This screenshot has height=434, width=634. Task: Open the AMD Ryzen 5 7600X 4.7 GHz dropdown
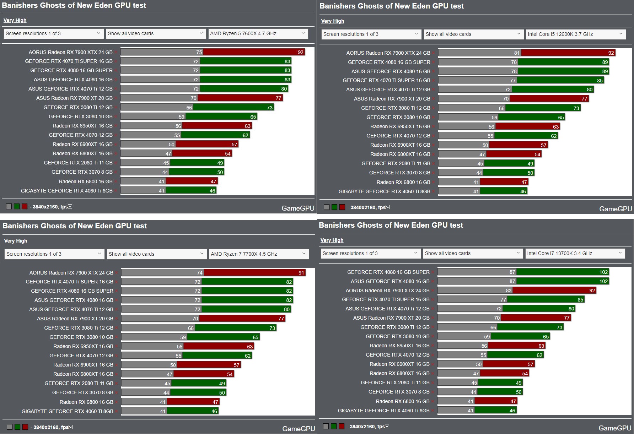(x=258, y=33)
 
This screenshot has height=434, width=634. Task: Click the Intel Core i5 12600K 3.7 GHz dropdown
(x=575, y=34)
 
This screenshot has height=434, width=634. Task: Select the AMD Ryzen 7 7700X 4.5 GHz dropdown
(x=258, y=254)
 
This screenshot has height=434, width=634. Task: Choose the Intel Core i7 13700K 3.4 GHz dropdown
(x=575, y=253)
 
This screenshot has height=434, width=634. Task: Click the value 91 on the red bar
(x=301, y=273)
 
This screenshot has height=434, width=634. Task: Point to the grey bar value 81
(x=517, y=53)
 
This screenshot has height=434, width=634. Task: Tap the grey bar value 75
(x=199, y=52)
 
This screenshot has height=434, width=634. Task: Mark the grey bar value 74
(x=200, y=273)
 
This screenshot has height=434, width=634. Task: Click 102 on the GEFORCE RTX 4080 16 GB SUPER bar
(x=603, y=272)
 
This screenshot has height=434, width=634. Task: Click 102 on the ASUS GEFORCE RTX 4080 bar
(x=603, y=281)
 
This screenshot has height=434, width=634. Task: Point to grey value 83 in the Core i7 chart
(x=509, y=291)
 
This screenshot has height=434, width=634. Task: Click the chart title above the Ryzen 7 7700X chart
(x=75, y=226)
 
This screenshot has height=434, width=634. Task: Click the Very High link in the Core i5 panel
(x=332, y=21)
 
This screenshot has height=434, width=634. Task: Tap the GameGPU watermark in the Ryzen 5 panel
(x=298, y=208)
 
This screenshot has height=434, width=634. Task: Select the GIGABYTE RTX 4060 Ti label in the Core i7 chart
(x=383, y=411)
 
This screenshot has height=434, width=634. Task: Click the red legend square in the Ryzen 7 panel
(x=25, y=427)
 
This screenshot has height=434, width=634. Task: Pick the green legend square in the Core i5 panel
(x=334, y=207)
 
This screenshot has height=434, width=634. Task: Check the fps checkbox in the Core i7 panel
(x=387, y=426)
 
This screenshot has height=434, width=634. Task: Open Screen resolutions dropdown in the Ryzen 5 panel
(x=53, y=33)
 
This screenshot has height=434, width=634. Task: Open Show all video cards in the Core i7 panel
(x=473, y=253)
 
